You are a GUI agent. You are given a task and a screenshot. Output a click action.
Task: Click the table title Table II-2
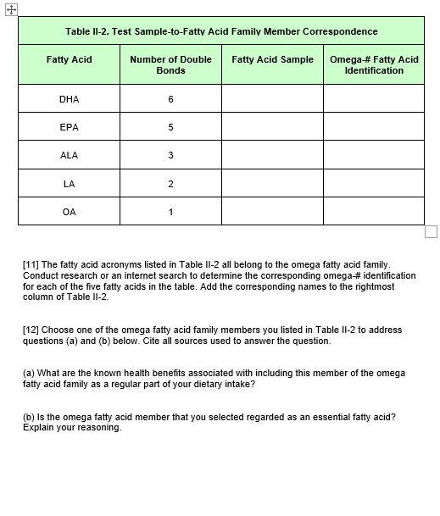(221, 31)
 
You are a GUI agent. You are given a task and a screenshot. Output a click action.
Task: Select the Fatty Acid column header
(69, 59)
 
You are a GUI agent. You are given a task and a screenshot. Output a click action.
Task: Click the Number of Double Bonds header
(170, 64)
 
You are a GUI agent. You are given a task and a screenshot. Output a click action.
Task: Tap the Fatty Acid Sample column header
(272, 59)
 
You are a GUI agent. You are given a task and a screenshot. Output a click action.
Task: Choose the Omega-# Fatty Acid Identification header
(374, 64)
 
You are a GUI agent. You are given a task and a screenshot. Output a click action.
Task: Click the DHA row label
(69, 99)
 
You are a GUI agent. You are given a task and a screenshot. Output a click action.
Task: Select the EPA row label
(69, 127)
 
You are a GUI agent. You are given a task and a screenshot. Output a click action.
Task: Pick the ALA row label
(69, 155)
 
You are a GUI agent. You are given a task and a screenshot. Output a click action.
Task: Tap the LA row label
(69, 184)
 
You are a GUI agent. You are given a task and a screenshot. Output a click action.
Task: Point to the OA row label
(69, 212)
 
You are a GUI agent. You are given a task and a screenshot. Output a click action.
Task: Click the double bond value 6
(170, 99)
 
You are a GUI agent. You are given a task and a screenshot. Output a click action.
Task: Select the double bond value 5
(170, 127)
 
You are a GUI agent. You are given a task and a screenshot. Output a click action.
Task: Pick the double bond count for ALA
(170, 155)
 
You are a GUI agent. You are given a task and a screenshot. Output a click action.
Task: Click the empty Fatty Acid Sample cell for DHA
(272, 99)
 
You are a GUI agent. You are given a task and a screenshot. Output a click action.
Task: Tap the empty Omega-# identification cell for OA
(374, 212)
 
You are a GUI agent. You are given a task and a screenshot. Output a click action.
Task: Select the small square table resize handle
(431, 231)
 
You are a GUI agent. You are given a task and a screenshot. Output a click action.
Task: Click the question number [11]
(31, 265)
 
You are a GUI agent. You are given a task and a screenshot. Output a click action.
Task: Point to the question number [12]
(31, 330)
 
